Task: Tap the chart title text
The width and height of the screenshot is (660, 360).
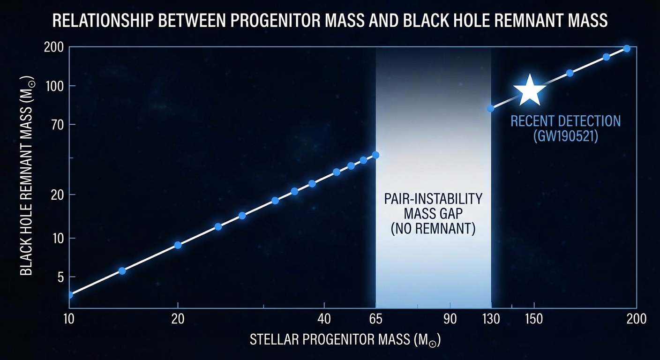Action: (x=330, y=21)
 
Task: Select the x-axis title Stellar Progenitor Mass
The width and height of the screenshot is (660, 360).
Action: (x=345, y=340)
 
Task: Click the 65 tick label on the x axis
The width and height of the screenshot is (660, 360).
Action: (x=376, y=319)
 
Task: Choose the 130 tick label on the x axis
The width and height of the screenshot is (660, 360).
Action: (x=491, y=319)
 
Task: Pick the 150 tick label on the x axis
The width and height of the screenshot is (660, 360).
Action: (x=534, y=319)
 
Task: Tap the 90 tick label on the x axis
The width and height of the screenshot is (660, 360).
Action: (x=450, y=319)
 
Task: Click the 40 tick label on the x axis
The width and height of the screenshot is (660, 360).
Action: (x=324, y=319)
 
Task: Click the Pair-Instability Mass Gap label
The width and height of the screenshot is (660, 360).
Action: (x=433, y=214)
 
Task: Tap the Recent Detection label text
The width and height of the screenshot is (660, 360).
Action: (x=565, y=128)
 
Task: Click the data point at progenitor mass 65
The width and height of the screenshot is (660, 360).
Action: (x=375, y=155)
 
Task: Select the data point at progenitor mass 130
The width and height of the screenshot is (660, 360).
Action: (x=491, y=109)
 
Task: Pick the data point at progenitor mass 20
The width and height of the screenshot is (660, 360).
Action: (x=178, y=245)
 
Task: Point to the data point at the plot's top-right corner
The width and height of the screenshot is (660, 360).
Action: (x=627, y=49)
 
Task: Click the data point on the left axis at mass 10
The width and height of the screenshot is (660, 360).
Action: (x=70, y=295)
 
